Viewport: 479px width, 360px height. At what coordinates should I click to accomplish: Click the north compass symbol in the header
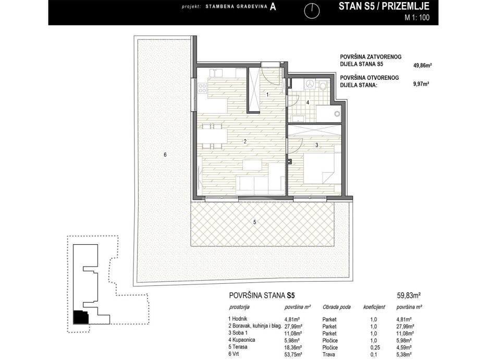pos(312,11)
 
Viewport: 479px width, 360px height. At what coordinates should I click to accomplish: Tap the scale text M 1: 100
pos(417,17)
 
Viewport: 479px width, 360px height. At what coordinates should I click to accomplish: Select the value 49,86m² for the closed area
pos(422,65)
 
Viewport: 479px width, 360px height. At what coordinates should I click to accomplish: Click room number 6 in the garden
pos(165,155)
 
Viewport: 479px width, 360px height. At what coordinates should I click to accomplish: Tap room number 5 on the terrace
pos(255,222)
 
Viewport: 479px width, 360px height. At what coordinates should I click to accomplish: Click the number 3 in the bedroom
pos(317,145)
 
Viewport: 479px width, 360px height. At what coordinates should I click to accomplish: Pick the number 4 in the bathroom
pos(308,102)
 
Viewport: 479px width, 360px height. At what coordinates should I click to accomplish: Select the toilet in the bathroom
pos(323,86)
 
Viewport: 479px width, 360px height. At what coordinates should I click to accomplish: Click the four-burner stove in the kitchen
pos(202,88)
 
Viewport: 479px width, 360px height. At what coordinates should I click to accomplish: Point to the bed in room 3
pos(322,169)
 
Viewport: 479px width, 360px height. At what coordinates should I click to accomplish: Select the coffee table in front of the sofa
pos(252,165)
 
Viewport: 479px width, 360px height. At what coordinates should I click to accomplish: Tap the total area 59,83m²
pos(409,295)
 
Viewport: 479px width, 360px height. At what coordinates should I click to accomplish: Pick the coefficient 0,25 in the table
pos(373,347)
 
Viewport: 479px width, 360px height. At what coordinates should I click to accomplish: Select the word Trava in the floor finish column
pos(329,354)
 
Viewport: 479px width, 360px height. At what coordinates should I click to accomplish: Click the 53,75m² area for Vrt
pos(293,354)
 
